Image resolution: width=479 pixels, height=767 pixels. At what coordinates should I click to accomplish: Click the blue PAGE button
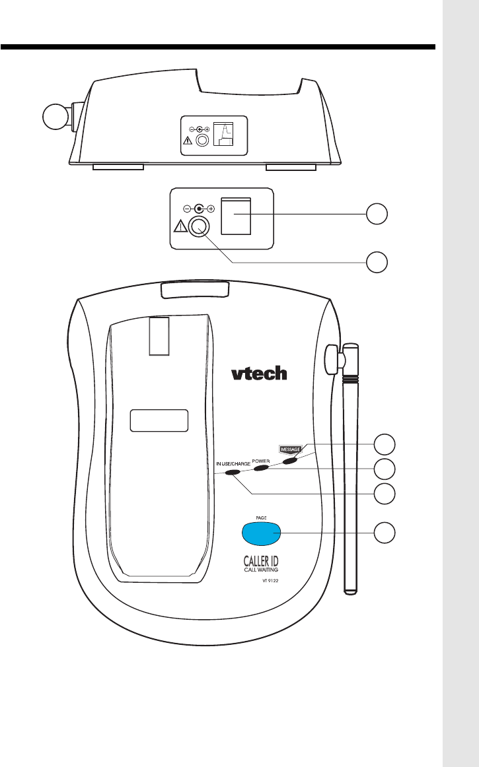[262, 532]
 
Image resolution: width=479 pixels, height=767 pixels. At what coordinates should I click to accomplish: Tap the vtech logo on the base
[259, 373]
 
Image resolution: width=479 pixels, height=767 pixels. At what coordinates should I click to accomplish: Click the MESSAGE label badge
[288, 450]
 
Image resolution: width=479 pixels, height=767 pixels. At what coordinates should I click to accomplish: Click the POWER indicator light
[261, 467]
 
